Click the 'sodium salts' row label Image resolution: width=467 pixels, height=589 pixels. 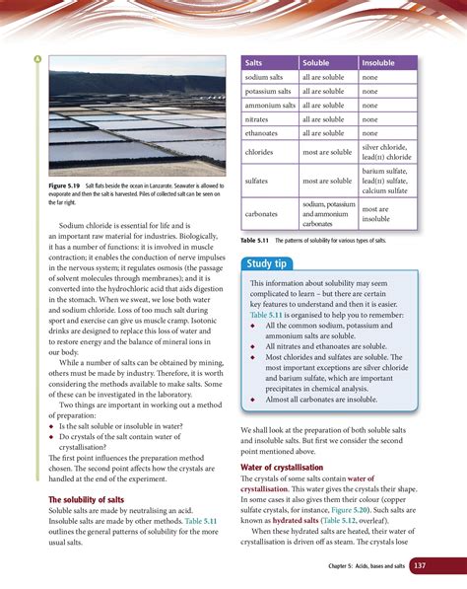269,77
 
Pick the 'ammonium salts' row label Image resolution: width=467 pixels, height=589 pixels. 270,105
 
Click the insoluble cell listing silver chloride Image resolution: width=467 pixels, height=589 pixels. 386,152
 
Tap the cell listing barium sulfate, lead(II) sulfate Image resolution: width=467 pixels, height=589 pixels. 386,182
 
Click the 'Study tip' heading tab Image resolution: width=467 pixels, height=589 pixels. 268,263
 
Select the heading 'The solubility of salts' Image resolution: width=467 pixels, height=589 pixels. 86,501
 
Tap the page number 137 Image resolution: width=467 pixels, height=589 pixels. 420,566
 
